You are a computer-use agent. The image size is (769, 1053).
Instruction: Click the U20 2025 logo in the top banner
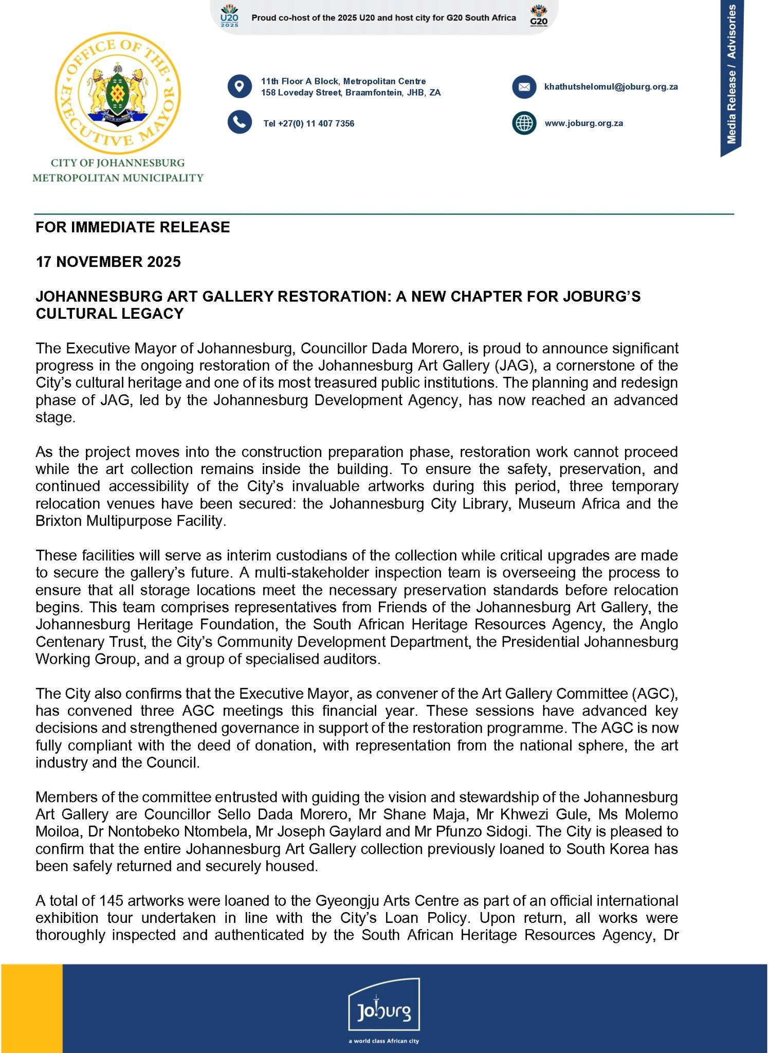tap(229, 16)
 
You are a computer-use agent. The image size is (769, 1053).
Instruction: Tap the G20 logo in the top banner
tap(538, 16)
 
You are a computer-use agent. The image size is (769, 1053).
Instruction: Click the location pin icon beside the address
tap(240, 86)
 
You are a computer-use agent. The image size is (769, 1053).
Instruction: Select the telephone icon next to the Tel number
tap(240, 122)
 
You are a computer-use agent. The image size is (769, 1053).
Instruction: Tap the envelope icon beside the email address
tap(524, 87)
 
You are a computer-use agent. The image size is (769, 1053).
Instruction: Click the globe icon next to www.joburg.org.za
tap(524, 123)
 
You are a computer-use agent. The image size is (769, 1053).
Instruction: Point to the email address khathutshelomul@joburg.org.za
tap(611, 87)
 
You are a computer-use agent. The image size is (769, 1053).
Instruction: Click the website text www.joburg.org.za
tap(583, 123)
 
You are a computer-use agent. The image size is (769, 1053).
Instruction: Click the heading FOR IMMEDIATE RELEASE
tap(133, 227)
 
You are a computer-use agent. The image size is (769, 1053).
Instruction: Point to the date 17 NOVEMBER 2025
tap(108, 262)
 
